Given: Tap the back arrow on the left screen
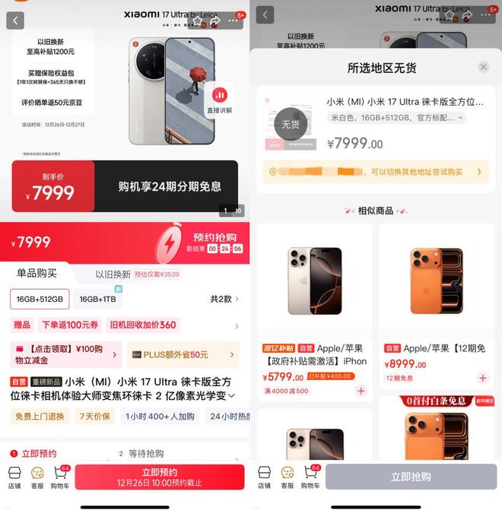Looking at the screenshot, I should [15, 20].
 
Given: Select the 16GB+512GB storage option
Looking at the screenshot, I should [40, 299].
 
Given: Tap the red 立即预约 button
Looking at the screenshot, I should [159, 477].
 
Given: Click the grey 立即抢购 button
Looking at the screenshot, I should [411, 477].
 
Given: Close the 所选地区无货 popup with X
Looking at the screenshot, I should [483, 68].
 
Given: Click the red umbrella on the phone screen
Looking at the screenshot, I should [199, 74].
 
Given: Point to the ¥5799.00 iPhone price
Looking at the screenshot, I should [285, 376].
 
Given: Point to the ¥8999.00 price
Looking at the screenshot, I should [405, 364].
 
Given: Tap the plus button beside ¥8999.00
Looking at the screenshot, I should [482, 378].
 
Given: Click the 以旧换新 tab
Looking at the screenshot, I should [113, 274].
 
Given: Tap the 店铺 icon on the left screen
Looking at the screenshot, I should [14, 476].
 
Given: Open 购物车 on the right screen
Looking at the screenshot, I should [310, 476].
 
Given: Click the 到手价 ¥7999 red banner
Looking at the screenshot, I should [53, 187].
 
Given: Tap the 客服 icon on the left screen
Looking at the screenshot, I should [37, 476].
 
